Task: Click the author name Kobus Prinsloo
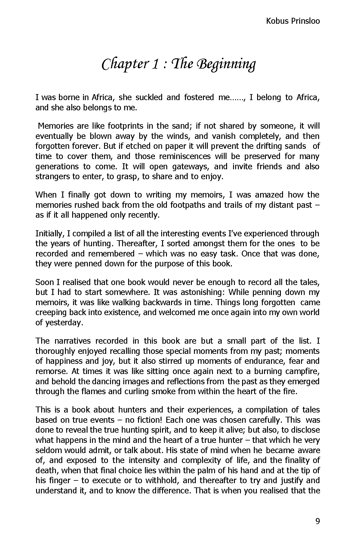tap(293, 21)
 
